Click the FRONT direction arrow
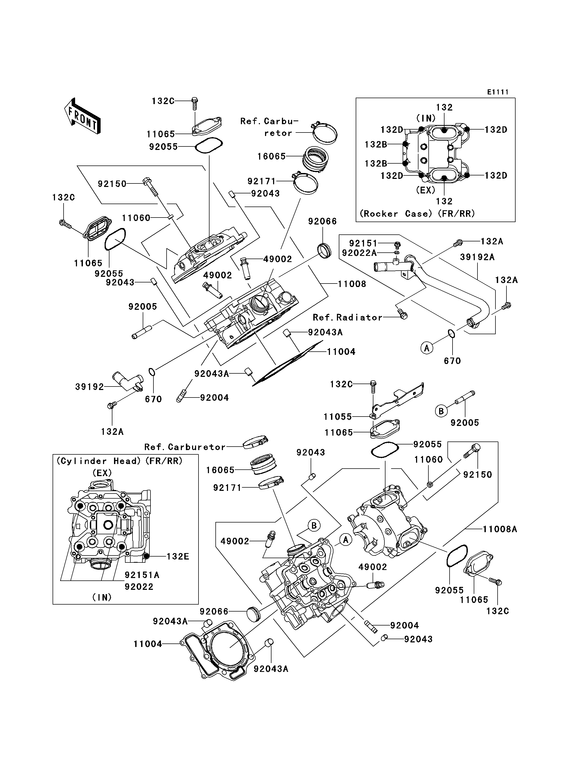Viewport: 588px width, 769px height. click(82, 116)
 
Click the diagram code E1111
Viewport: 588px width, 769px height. click(498, 92)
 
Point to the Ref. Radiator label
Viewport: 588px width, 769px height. click(348, 318)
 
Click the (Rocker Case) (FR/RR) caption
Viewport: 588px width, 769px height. click(417, 214)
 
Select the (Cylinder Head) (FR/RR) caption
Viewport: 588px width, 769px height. click(120, 461)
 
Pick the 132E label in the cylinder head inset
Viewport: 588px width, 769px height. click(178, 557)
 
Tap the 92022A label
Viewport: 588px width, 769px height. click(359, 253)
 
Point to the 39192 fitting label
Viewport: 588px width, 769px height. click(90, 387)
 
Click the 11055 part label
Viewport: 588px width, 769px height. click(338, 417)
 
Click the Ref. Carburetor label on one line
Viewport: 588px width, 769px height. click(185, 447)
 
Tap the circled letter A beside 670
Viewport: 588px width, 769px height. click(427, 348)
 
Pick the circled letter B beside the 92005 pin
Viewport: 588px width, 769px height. click(441, 411)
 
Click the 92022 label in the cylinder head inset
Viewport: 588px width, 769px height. click(139, 587)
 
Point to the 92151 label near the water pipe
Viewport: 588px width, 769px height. click(363, 243)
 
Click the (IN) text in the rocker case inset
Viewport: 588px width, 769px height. click(426, 118)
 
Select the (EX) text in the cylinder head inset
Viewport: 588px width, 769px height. click(102, 473)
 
